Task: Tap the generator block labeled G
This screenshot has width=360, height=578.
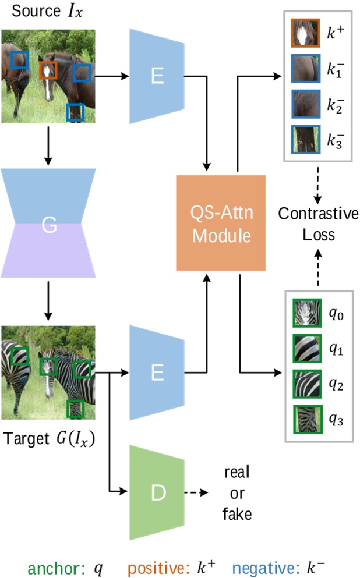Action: (x=49, y=224)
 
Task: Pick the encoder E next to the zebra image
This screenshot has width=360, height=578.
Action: (x=157, y=373)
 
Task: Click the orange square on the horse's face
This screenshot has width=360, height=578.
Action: (x=48, y=70)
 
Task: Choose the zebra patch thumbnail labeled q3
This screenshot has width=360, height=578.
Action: (x=306, y=417)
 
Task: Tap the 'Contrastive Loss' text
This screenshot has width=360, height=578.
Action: (x=317, y=224)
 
